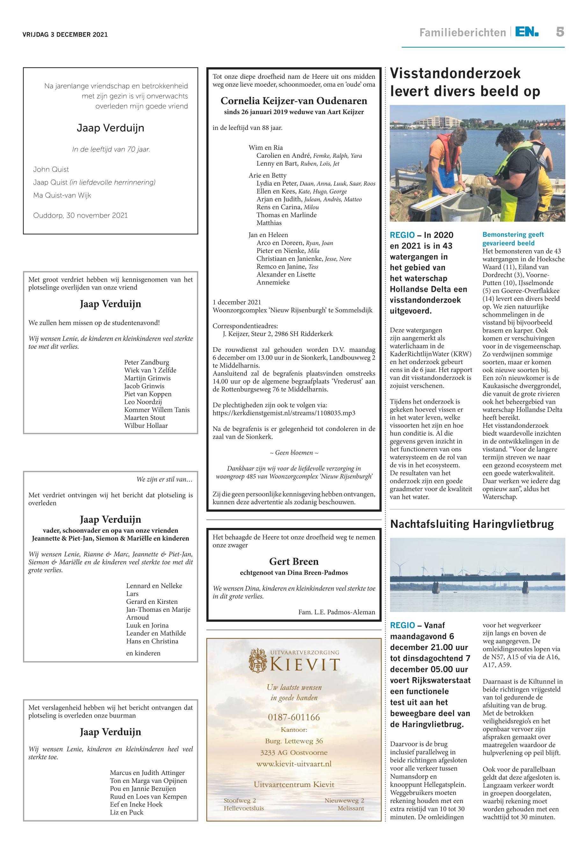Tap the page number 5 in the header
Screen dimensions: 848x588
560,32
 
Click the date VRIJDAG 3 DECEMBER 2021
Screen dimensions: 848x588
65,35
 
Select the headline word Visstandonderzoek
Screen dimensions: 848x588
455,73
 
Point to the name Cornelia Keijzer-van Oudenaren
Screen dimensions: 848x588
294,101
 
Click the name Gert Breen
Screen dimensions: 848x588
294,561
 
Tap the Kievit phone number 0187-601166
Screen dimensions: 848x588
294,717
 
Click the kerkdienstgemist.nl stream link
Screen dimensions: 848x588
284,413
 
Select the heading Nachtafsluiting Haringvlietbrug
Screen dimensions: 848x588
472,524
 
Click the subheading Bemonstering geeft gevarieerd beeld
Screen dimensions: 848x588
513,239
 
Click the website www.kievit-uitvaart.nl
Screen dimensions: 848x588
294,764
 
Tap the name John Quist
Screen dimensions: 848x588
51,170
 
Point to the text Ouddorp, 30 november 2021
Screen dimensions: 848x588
80,216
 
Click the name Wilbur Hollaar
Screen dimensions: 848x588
146,426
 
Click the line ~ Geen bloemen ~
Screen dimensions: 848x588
294,453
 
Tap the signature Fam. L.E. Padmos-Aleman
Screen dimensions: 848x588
336,612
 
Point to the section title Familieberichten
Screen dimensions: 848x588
462,33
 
